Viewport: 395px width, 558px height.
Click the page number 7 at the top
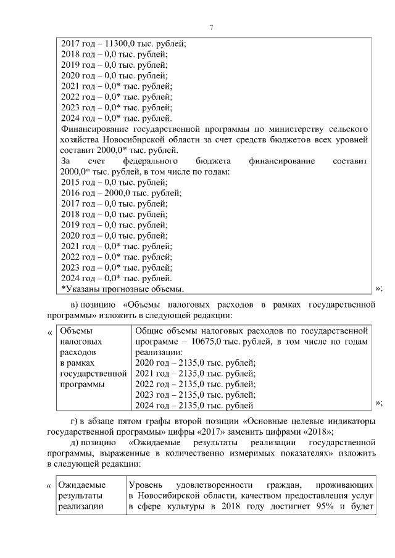coord(211,28)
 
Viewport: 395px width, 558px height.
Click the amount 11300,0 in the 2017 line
coord(117,43)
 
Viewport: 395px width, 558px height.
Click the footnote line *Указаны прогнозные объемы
coord(123,289)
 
